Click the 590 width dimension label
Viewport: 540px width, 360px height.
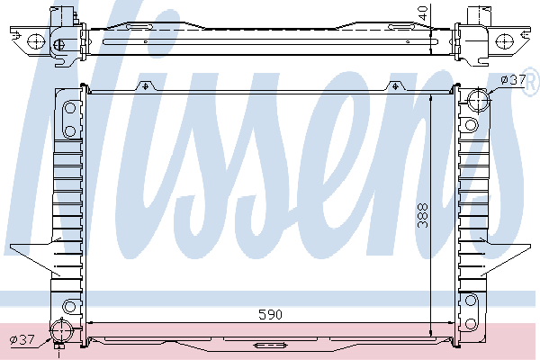pos(270,314)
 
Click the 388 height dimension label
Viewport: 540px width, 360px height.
pos(423,216)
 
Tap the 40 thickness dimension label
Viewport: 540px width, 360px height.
pos(423,13)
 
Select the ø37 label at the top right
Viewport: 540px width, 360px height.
pos(513,80)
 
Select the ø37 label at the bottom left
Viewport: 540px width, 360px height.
pos(22,340)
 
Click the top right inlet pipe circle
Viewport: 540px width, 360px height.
pos(479,100)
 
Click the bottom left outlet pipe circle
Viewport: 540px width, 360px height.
pos(62,330)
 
